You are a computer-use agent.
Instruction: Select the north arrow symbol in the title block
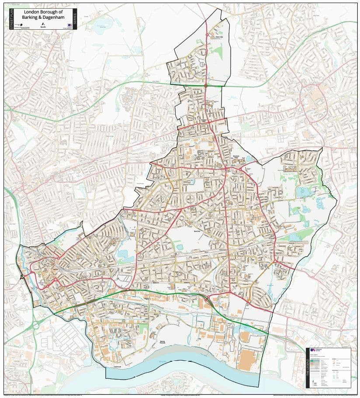pos(43,24)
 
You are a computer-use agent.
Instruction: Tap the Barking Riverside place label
pos(163,342)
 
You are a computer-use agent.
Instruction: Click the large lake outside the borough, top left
pos(102,25)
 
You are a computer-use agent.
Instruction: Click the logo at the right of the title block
pos(69,26)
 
